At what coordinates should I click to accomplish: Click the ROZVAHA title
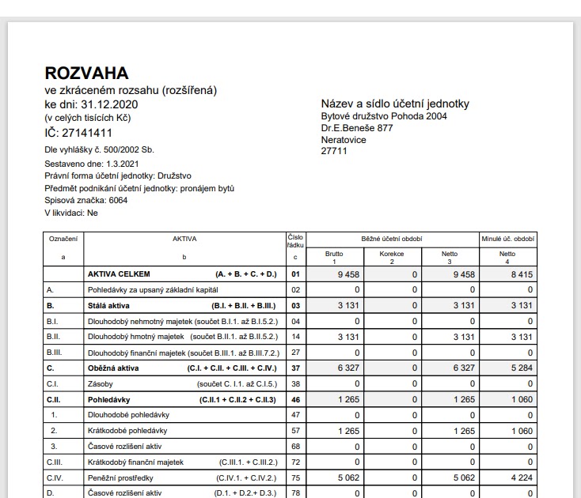tap(86, 74)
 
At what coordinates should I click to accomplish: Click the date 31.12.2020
tap(109, 104)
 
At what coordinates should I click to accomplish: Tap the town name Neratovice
tap(344, 139)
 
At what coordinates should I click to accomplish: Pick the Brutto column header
tap(334, 256)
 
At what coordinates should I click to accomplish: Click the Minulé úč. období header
tap(507, 238)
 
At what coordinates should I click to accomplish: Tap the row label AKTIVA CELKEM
tap(118, 274)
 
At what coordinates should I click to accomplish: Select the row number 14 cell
tap(296, 337)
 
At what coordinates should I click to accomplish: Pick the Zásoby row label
tap(100, 384)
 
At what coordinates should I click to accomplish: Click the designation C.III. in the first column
tap(55, 462)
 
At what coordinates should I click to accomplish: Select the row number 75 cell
tap(296, 478)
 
